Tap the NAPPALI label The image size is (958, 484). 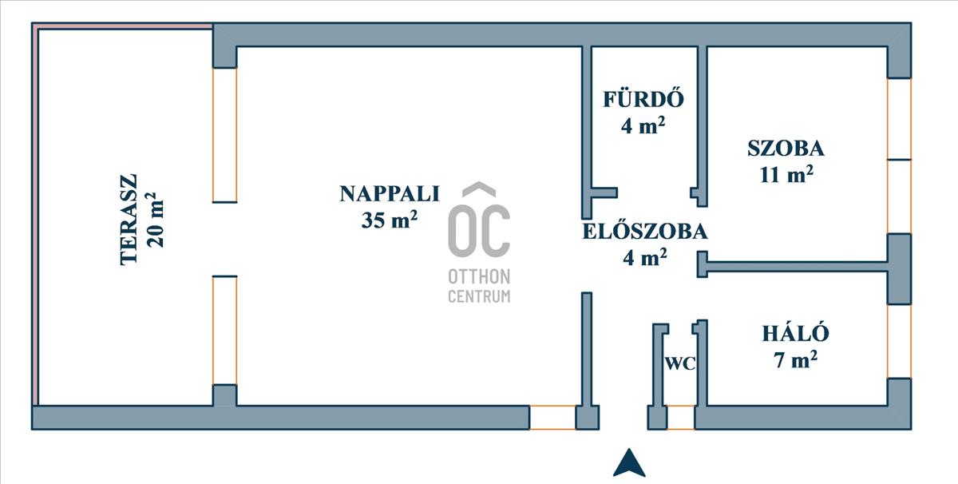click(390, 193)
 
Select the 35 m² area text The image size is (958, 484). click(390, 220)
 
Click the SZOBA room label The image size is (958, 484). click(786, 148)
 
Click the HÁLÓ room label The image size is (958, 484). click(795, 334)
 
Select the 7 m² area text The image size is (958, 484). click(795, 359)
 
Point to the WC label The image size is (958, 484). click(680, 363)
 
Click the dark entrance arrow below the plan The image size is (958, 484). click(629, 463)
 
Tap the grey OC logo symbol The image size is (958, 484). click(479, 224)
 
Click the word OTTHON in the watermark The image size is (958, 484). click(479, 278)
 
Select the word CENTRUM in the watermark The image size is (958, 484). click(479, 297)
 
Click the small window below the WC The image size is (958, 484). click(680, 418)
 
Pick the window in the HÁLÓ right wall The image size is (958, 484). click(899, 341)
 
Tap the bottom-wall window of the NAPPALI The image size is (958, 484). click(552, 418)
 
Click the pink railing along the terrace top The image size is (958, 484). click(124, 26)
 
